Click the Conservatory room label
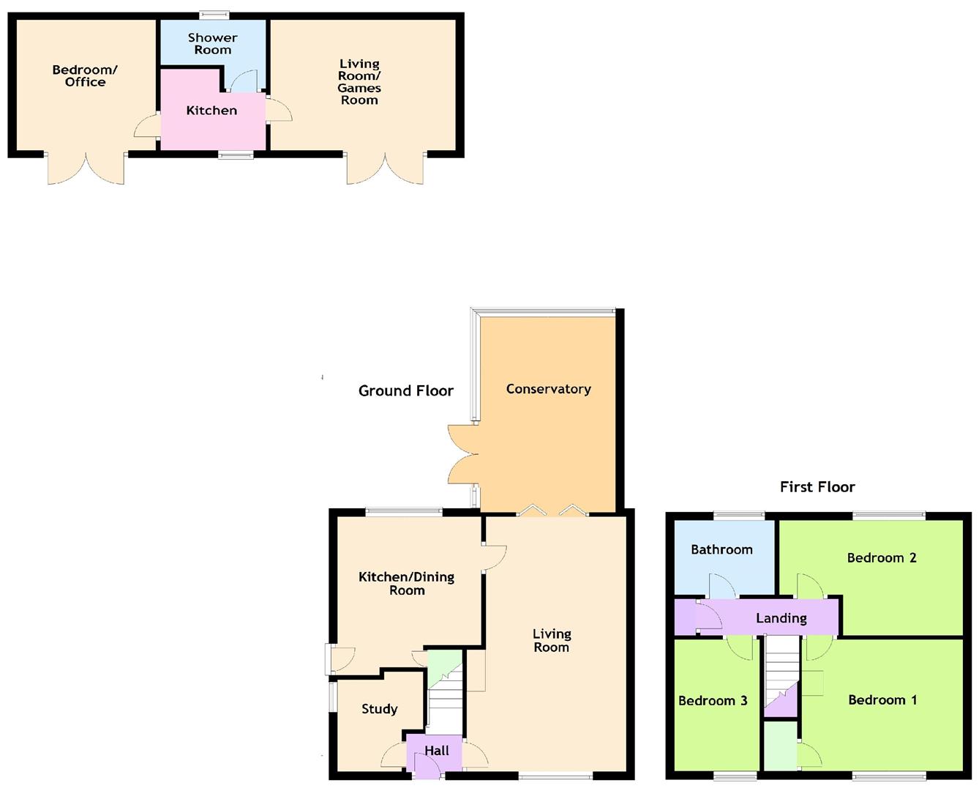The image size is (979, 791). pos(548,389)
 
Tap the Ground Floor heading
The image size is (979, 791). pos(405,391)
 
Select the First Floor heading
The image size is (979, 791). pos(817,487)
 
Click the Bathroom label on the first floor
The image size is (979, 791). pos(721,549)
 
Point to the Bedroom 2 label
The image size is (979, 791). pos(881,558)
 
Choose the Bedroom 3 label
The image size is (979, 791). pos(712,701)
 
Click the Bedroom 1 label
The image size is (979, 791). pos(882,700)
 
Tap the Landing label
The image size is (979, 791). pos(781,618)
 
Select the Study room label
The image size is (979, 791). pos(379,709)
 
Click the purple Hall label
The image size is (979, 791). pos(436,751)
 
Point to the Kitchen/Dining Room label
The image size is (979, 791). pos(406,584)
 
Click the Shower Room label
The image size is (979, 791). pos(212,44)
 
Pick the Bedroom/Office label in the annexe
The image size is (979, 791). pos(85,76)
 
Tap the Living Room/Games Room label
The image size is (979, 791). pos(359,82)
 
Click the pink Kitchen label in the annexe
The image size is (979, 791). pos(211,111)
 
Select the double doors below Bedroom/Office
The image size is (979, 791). pos(86,168)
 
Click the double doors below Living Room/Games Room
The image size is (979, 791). pos(385,168)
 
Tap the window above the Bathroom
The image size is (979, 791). pos(739,516)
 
